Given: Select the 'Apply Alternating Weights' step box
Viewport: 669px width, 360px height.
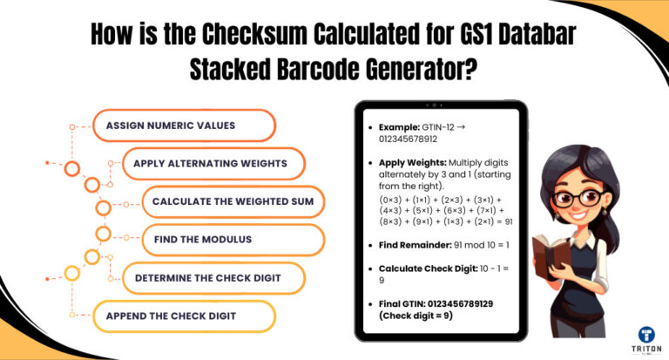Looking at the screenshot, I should coord(217,163).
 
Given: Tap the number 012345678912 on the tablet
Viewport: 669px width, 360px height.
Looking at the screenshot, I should coord(408,138).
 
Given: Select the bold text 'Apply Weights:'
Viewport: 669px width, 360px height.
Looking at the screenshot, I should coord(413,162).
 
